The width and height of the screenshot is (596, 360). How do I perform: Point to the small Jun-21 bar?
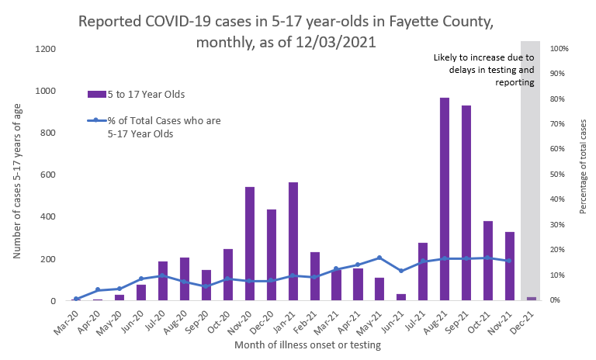click(401, 297)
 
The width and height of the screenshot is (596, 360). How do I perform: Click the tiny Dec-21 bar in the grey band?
click(532, 299)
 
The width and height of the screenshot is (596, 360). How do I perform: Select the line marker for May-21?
click(379, 258)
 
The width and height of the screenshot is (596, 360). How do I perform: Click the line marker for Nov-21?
click(509, 261)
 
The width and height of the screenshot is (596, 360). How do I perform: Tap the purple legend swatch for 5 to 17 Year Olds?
click(96, 94)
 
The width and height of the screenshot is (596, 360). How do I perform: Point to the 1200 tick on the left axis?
click(45, 49)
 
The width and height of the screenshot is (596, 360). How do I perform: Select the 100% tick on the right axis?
click(560, 49)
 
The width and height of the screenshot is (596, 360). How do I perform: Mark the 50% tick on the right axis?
click(558, 175)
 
